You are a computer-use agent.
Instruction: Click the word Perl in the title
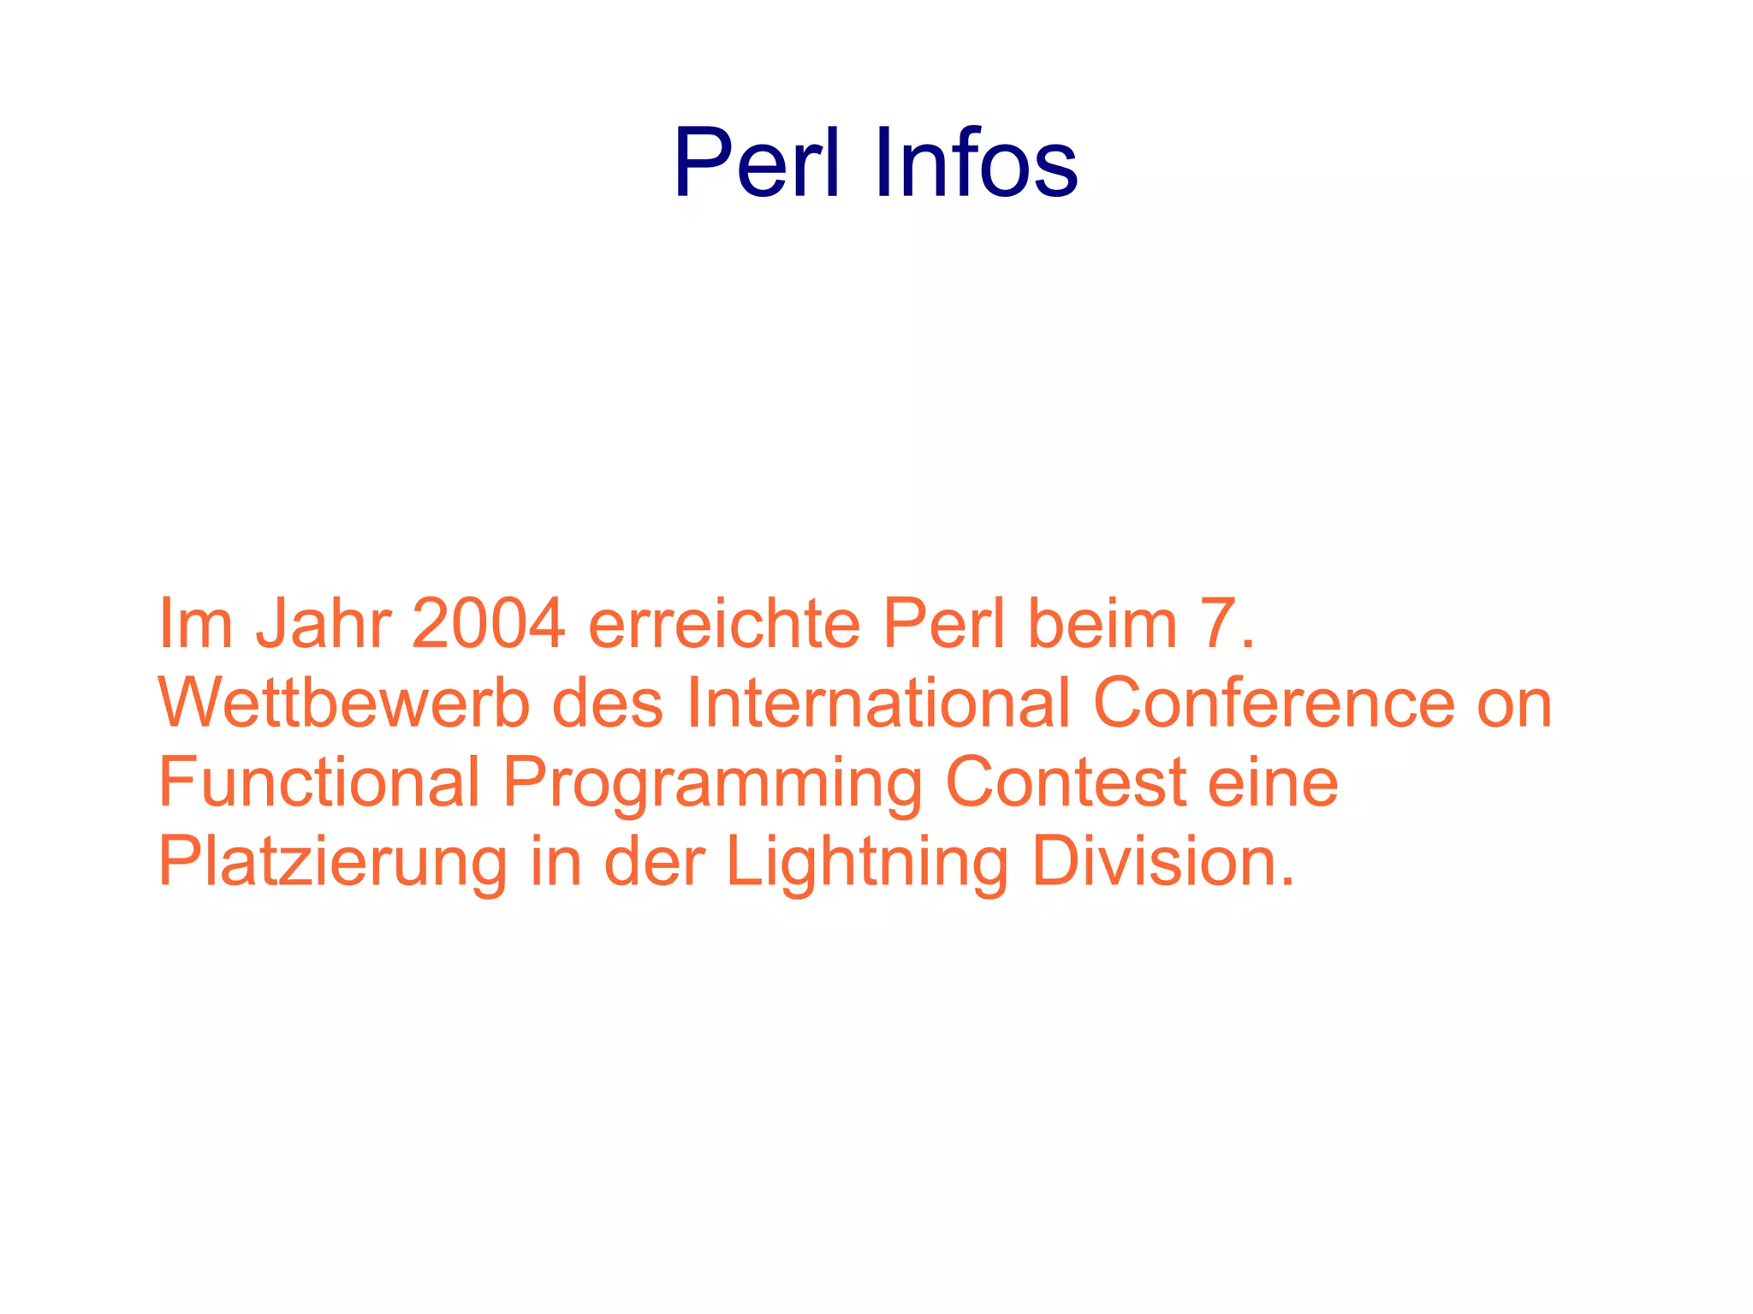click(x=757, y=163)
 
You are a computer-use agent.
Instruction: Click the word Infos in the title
click(x=976, y=163)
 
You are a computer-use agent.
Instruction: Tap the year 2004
click(x=488, y=624)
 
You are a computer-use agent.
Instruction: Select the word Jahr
click(x=324, y=624)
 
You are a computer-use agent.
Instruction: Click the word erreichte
click(x=724, y=624)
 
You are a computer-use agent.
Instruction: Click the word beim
click(x=1102, y=624)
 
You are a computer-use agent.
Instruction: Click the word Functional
click(x=319, y=782)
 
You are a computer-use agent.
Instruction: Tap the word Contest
click(x=1066, y=782)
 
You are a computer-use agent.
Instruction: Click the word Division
click(x=1163, y=861)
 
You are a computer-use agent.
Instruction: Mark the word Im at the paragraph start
click(x=196, y=624)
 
